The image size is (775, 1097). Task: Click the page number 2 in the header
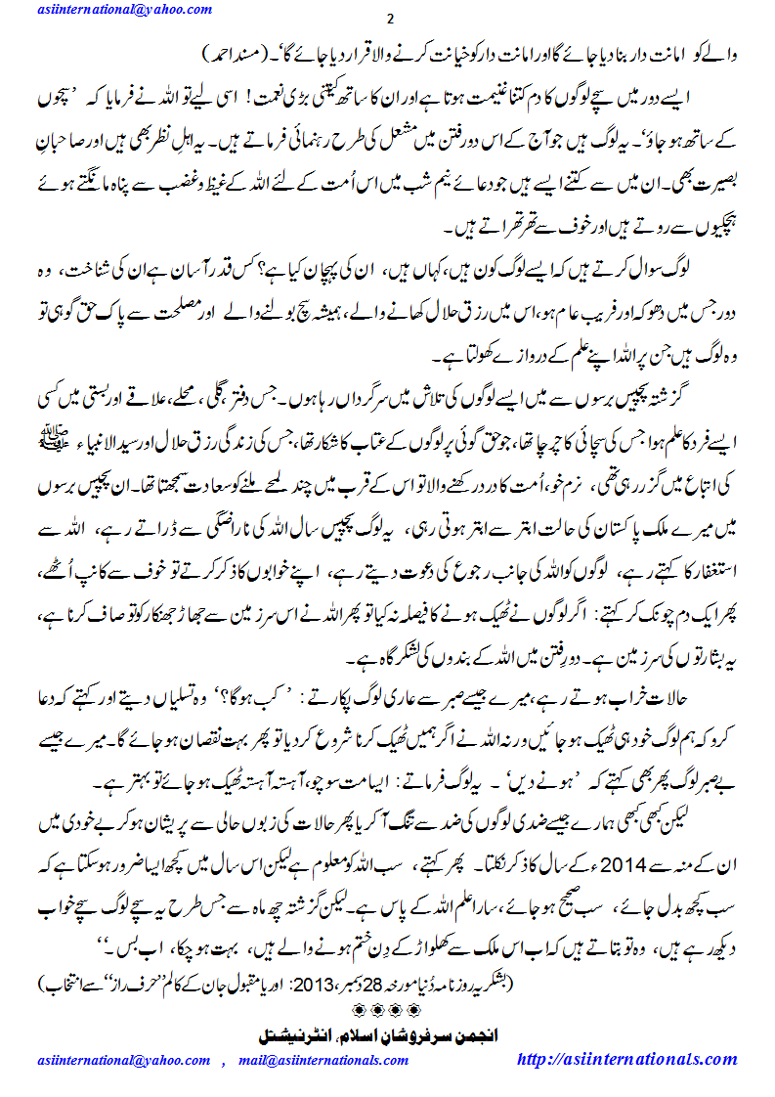[389, 21]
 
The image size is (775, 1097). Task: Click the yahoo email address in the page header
[126, 9]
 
